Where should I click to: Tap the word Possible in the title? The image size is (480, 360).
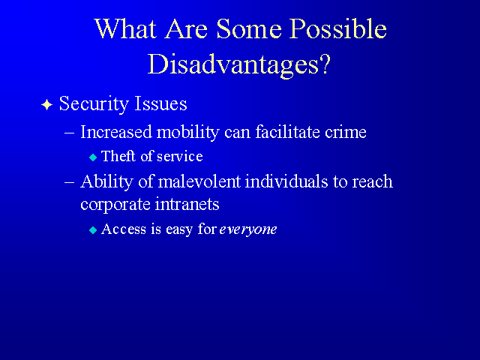coord(338,28)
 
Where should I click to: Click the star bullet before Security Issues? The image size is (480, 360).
coord(46,105)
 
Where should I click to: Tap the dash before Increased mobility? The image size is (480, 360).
coord(70,133)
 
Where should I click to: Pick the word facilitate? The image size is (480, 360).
coord(288,132)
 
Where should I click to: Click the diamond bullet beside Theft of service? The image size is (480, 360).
coord(93,157)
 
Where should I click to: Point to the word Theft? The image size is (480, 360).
coord(118,156)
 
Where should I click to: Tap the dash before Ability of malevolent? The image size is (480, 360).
coord(70,182)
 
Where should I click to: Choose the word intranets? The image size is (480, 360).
coord(187,204)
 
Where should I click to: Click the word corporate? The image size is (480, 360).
coord(115,205)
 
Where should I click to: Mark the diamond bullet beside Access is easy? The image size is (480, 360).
coord(93,230)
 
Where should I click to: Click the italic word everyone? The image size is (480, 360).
coord(248,229)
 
